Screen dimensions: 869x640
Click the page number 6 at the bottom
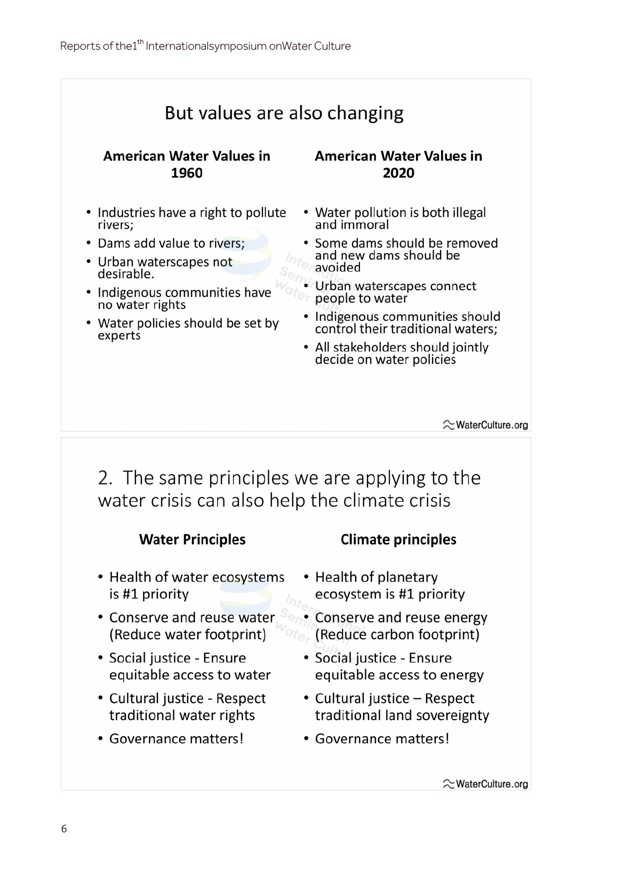pos(64,828)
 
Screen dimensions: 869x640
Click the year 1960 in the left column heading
pos(187,173)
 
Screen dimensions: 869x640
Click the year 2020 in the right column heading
pos(398,173)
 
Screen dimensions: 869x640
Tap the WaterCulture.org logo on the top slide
pos(485,425)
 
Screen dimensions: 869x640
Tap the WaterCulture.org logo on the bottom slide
pos(485,784)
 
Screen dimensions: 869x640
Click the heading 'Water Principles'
pos(192,539)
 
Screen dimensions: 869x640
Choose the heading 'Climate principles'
pos(398,539)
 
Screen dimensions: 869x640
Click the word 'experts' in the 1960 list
pos(119,336)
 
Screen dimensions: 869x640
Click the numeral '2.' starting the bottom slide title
pos(105,478)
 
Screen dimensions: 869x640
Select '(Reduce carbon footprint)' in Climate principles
pos(397,634)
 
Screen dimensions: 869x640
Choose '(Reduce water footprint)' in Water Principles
pos(188,634)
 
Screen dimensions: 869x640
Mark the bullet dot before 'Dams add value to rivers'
pos(89,243)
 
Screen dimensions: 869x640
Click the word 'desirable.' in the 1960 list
pos(126,275)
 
